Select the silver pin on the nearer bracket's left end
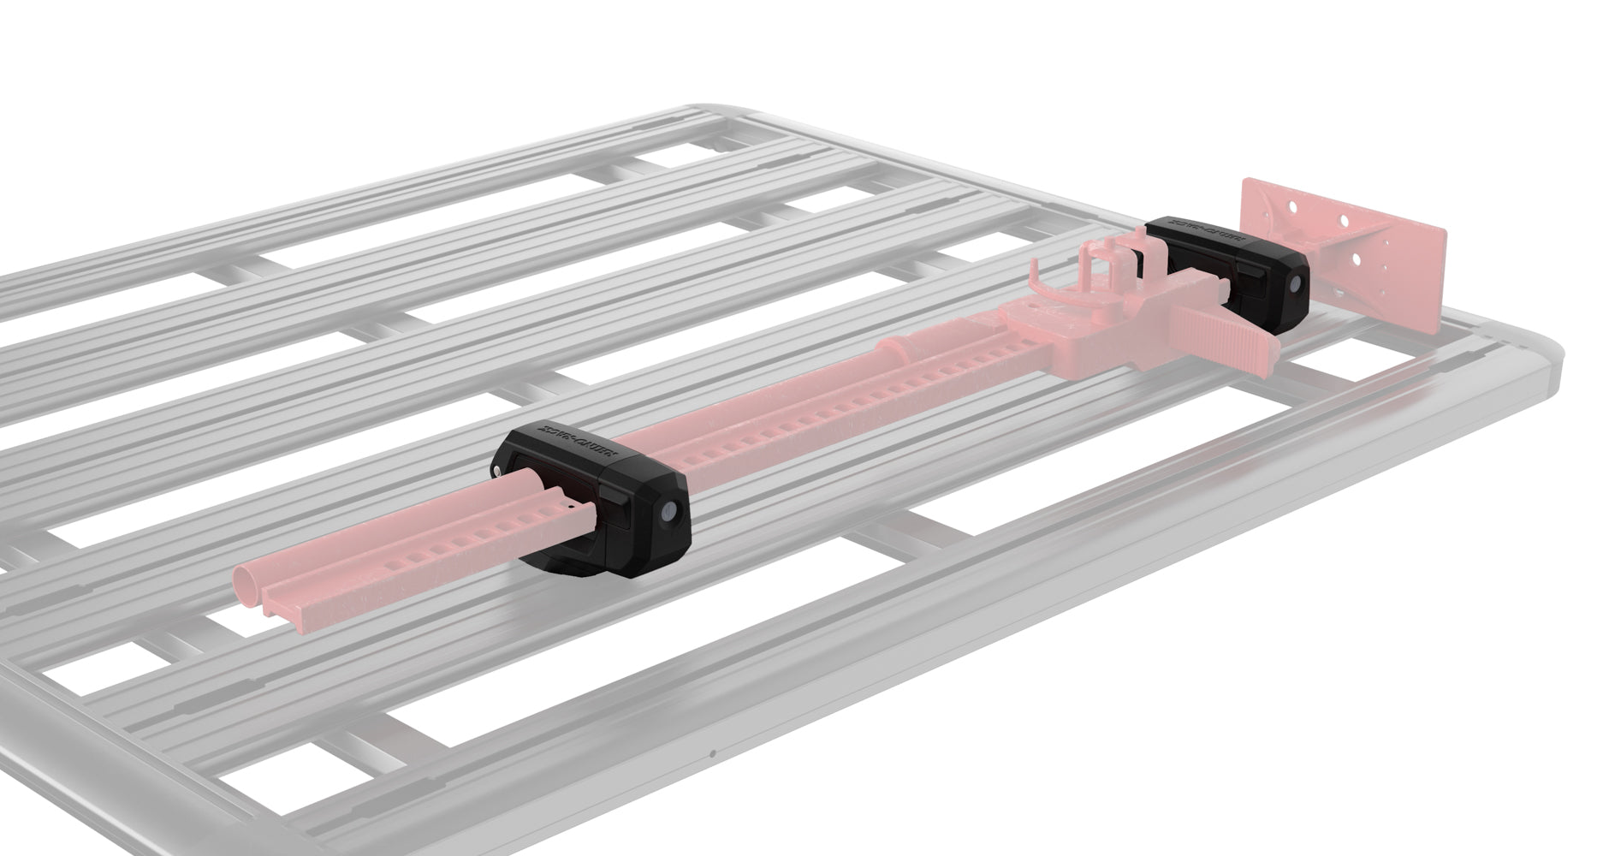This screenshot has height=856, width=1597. point(499,469)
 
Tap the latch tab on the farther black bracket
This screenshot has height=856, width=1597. point(1252,279)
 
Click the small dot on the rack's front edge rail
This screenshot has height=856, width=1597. point(712,755)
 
